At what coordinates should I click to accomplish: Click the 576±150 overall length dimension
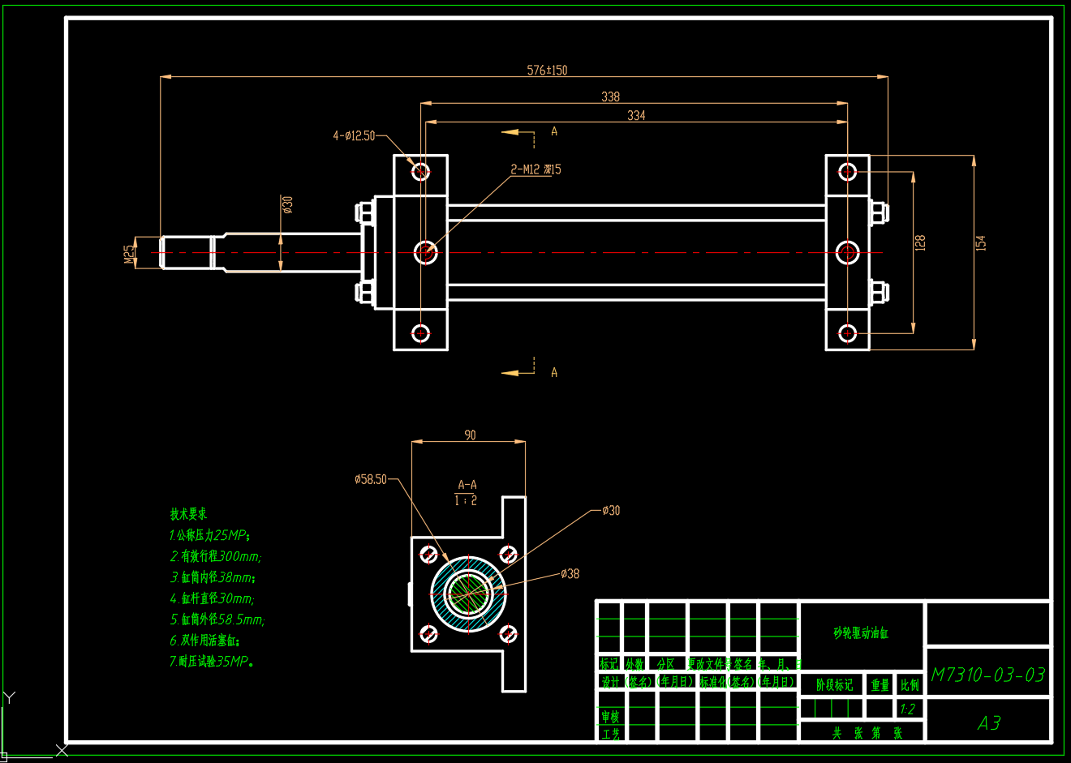pyautogui.click(x=547, y=71)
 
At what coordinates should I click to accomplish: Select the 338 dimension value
pyautogui.click(x=610, y=97)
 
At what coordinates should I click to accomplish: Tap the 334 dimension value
pyautogui.click(x=636, y=116)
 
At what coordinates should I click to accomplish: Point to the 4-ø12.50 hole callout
pyautogui.click(x=354, y=136)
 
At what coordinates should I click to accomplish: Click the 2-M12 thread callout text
pyautogui.click(x=535, y=169)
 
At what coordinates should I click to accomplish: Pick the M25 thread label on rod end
pyautogui.click(x=129, y=254)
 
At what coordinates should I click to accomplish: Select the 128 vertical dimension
pyautogui.click(x=919, y=242)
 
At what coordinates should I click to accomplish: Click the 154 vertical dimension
pyautogui.click(x=980, y=242)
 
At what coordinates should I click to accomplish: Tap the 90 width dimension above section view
pyautogui.click(x=470, y=435)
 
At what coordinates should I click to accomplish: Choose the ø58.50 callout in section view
pyautogui.click(x=371, y=479)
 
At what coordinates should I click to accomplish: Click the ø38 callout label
pyautogui.click(x=570, y=574)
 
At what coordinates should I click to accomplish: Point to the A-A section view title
pyautogui.click(x=467, y=485)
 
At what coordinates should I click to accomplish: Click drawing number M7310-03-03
pyautogui.click(x=987, y=675)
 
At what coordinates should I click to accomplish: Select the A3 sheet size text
pyautogui.click(x=988, y=722)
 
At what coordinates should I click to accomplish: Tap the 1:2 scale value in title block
pyautogui.click(x=908, y=709)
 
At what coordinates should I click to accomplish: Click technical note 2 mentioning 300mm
pyautogui.click(x=215, y=556)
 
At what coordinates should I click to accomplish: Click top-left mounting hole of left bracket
pyautogui.click(x=420, y=171)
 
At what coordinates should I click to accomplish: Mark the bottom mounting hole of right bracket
pyautogui.click(x=847, y=333)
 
